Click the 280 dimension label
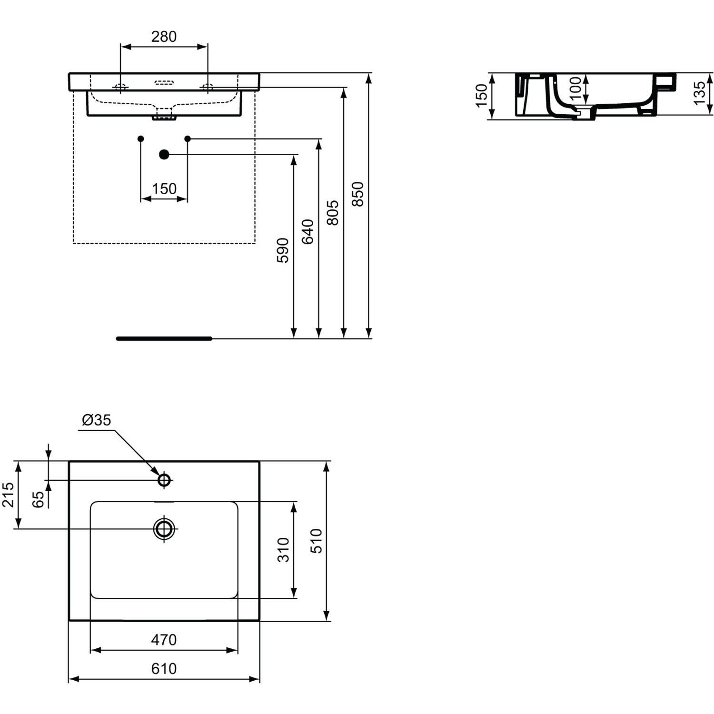[164, 37]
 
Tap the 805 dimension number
[333, 213]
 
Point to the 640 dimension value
[308, 231]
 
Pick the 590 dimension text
[283, 250]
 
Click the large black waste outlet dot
[164, 154]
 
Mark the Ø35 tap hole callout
[97, 420]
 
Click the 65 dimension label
[38, 499]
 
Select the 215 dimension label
[8, 495]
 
